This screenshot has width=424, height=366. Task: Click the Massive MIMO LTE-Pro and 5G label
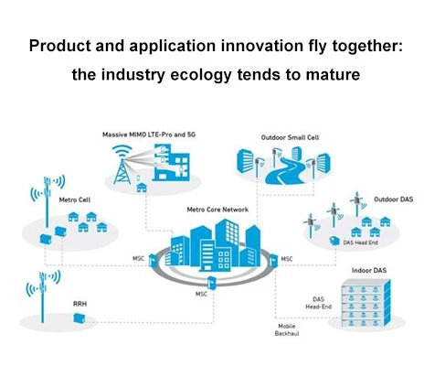149,135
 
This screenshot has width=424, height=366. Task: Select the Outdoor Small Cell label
290,137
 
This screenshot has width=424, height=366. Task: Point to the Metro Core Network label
217,210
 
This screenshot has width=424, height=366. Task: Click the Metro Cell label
75,199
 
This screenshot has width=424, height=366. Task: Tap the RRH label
79,304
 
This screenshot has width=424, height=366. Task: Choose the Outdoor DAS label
393,199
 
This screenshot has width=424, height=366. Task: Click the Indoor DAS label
369,270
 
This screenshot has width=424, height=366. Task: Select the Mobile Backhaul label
287,330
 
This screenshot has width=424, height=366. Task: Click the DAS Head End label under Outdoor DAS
360,242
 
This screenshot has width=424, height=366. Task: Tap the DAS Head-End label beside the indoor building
318,303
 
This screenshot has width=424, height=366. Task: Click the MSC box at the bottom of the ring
211,283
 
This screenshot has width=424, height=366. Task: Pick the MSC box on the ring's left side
153,260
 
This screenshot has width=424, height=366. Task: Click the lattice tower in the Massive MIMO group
122,171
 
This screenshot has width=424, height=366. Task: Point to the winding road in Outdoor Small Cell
284,171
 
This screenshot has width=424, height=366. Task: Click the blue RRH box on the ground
79,318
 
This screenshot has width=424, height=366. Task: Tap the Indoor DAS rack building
366,305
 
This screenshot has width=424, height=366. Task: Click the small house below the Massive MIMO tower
142,188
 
